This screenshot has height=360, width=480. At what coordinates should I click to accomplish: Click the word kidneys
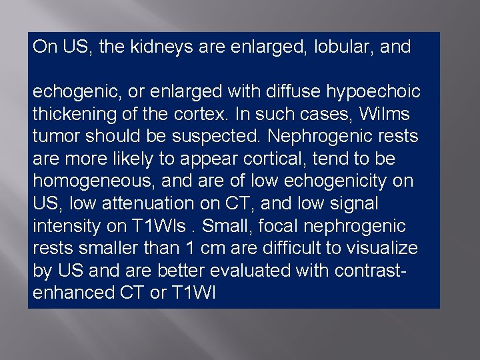tap(154, 47)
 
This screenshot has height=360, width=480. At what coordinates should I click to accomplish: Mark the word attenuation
tap(143, 203)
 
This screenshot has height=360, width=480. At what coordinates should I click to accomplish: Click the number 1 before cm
tap(192, 248)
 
